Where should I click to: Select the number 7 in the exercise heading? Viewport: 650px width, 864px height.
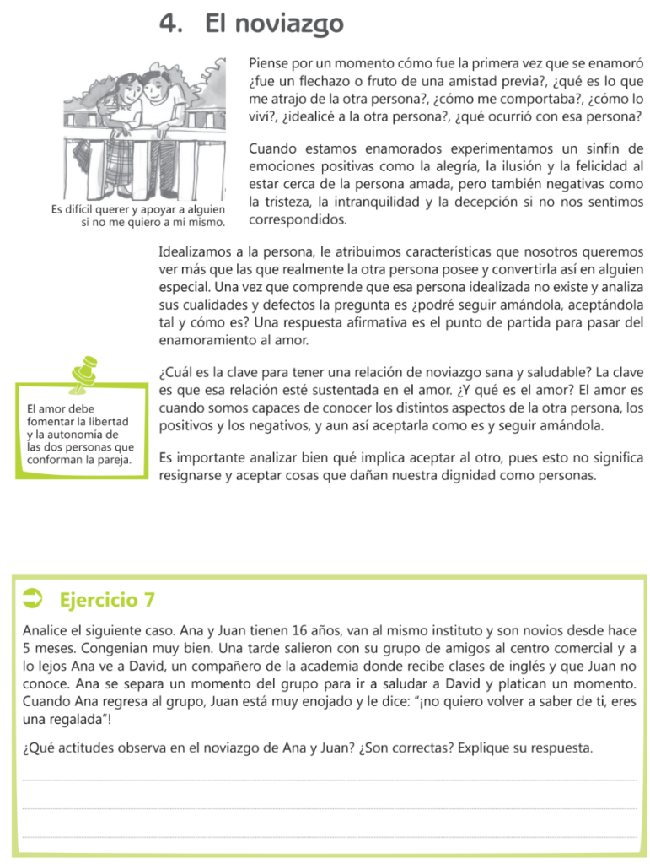[x=149, y=600]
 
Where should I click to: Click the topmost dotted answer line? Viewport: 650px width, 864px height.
[x=329, y=780]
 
